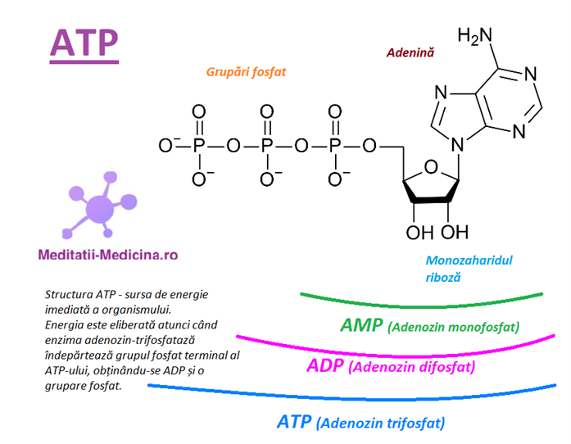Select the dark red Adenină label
(x=410, y=52)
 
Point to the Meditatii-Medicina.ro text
(x=107, y=255)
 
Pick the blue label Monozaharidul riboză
(x=469, y=269)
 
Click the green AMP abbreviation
(x=362, y=325)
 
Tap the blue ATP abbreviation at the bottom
(x=295, y=422)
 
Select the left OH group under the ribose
(x=418, y=229)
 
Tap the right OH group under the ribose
(x=456, y=229)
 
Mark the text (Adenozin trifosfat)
(x=382, y=424)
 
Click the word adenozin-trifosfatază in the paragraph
(x=131, y=339)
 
